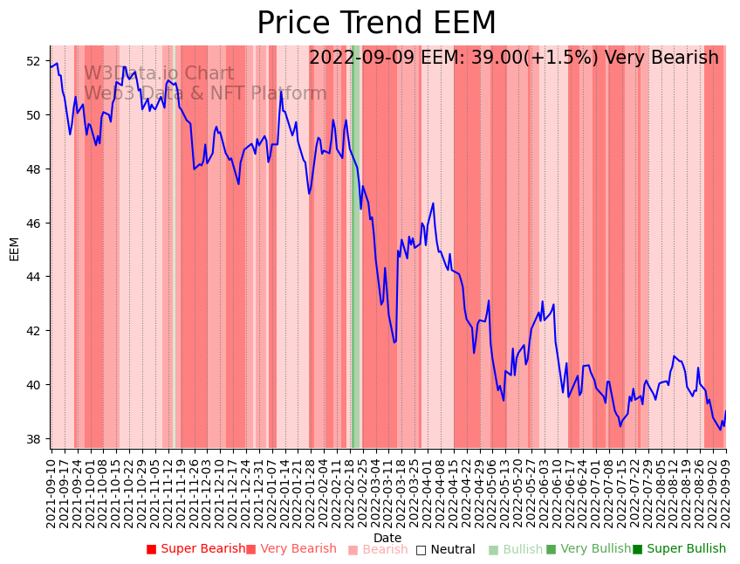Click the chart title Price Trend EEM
tap(376, 24)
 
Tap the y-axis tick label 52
tap(33, 61)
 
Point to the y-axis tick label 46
tap(33, 224)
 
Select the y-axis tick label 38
tap(33, 439)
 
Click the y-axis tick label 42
tap(33, 331)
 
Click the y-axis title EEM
tap(14, 248)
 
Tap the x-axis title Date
tap(387, 539)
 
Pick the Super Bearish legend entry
tap(196, 549)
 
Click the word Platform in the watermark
tap(289, 93)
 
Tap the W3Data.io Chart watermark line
tap(159, 74)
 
